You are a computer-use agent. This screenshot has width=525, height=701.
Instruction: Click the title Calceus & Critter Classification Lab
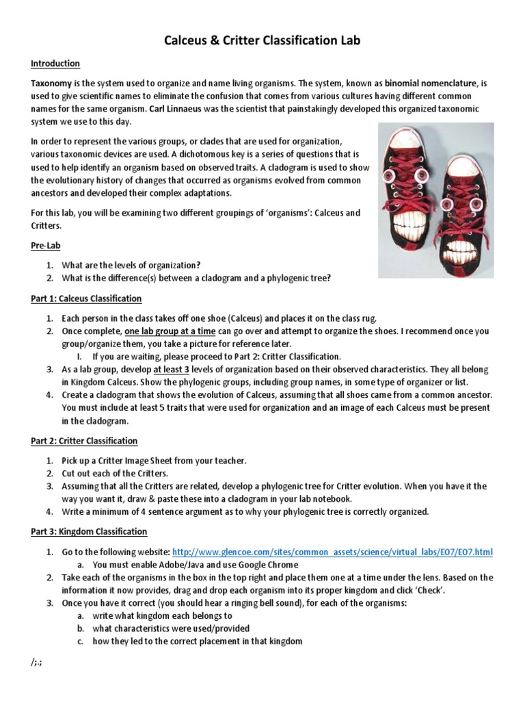[262, 41]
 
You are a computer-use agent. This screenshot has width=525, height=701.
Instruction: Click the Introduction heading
[55, 64]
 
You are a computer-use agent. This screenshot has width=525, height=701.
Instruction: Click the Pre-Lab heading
[45, 244]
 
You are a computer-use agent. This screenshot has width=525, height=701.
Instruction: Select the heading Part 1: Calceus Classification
[86, 298]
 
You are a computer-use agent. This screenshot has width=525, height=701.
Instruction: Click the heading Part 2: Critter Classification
[84, 441]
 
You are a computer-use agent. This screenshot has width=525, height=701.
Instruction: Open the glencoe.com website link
[332, 551]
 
